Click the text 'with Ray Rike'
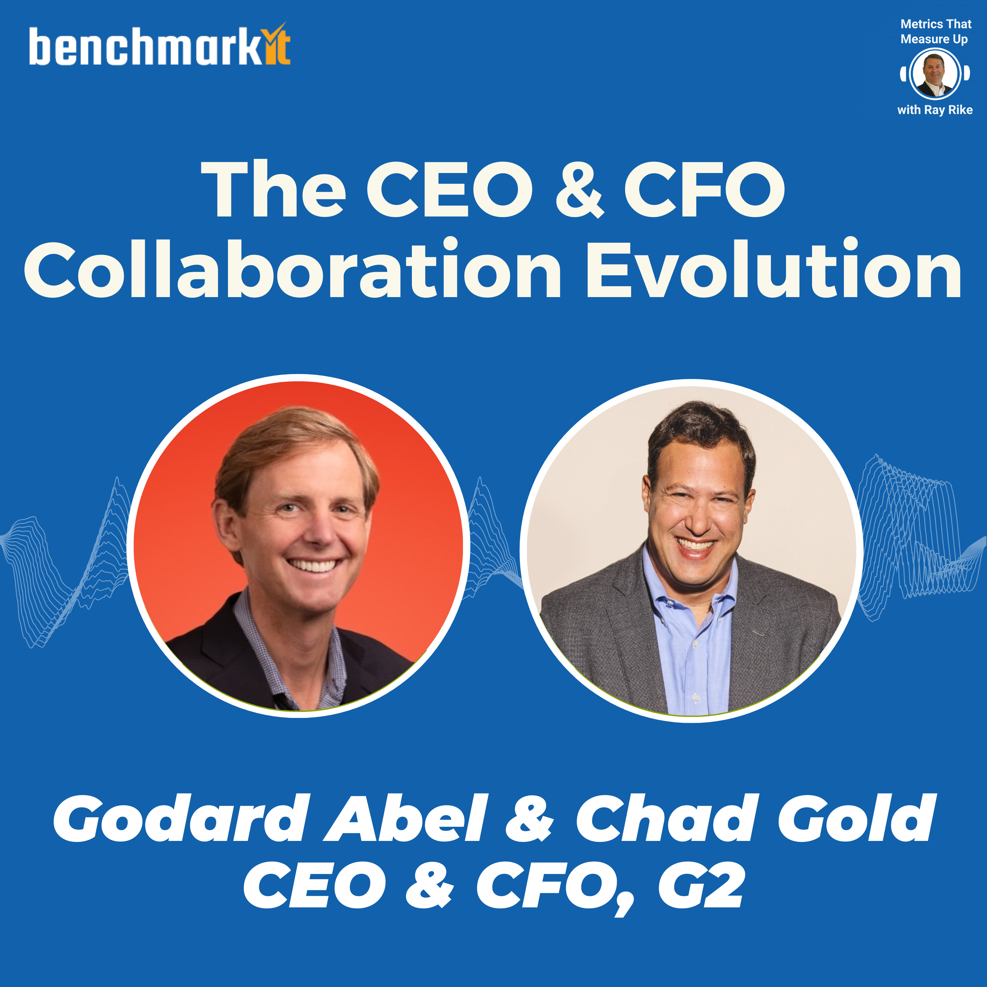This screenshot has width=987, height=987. (935, 110)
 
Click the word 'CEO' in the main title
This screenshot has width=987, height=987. (449, 189)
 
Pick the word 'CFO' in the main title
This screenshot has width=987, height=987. (705, 189)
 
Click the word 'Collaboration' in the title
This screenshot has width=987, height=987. (293, 268)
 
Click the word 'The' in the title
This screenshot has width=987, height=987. (273, 189)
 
